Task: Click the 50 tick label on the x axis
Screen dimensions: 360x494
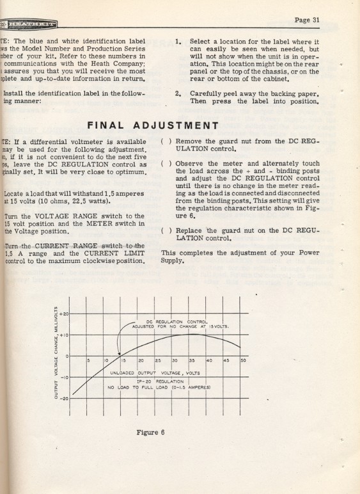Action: pyautogui.click(x=242, y=361)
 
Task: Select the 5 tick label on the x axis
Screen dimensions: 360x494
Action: pyautogui.click(x=90, y=361)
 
